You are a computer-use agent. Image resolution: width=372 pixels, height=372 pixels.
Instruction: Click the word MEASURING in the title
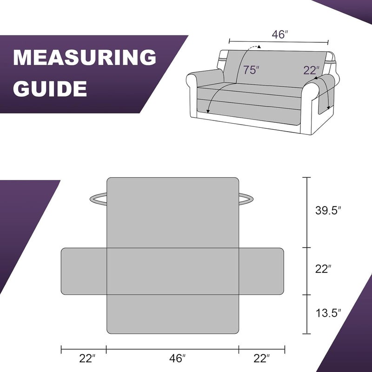(85, 57)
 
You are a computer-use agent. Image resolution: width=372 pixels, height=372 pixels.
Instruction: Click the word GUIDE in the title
(50, 88)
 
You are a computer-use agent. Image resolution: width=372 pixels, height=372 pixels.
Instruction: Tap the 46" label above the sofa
(280, 34)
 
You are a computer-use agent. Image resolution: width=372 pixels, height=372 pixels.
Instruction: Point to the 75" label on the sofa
(251, 70)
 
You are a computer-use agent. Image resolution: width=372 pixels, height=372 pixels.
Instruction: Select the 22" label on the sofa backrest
(312, 70)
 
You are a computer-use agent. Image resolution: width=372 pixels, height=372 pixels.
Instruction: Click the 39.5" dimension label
(328, 210)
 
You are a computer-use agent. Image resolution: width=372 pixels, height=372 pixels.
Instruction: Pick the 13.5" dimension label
(328, 313)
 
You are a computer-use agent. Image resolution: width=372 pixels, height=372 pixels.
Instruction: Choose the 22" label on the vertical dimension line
(323, 269)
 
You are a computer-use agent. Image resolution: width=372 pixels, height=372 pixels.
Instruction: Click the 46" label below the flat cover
(177, 358)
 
